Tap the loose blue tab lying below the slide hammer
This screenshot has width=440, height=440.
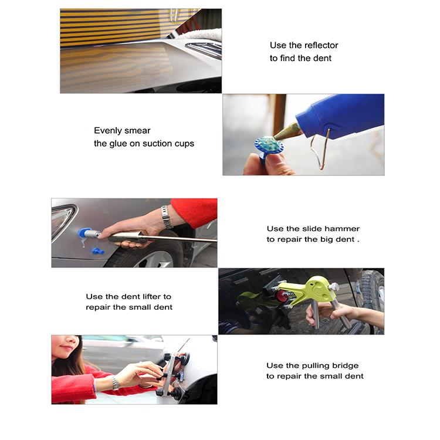(98, 251)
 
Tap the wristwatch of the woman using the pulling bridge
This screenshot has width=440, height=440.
(116, 383)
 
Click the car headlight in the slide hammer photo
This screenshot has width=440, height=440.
(63, 221)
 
